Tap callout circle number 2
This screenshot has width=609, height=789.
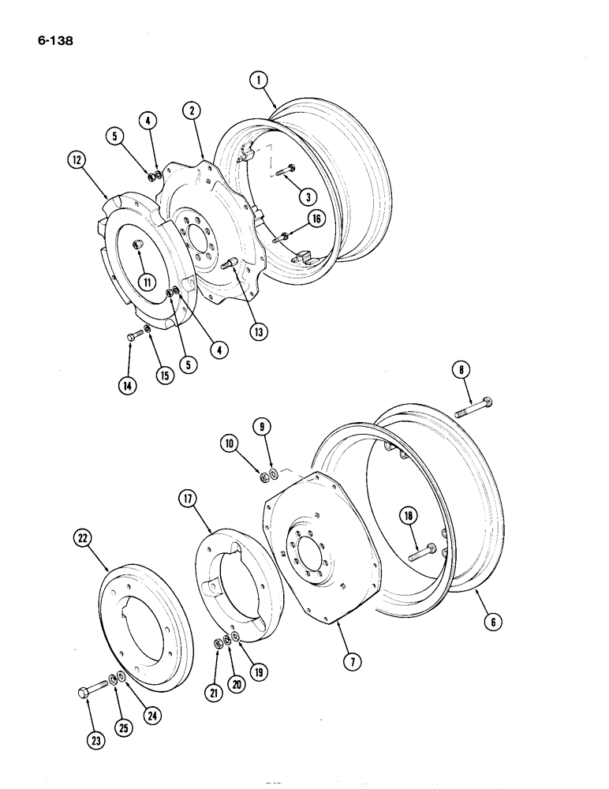[x=191, y=110]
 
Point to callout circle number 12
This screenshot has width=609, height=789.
[x=76, y=162]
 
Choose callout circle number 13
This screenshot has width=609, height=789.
[x=258, y=332]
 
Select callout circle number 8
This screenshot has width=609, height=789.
[x=460, y=369]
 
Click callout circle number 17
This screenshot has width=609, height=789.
[x=186, y=498]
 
